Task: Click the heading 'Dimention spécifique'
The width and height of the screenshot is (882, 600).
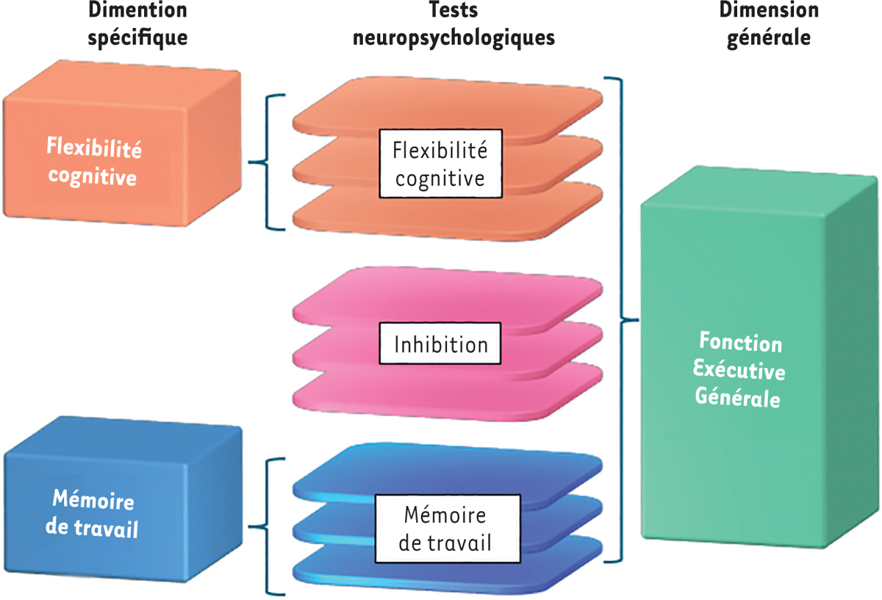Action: [x=137, y=24]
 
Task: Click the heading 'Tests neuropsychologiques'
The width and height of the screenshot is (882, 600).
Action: [x=453, y=24]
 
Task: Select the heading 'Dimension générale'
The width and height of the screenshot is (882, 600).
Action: [x=769, y=24]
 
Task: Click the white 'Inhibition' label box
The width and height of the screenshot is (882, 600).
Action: [x=440, y=344]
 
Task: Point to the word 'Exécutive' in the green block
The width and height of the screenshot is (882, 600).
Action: [x=740, y=371]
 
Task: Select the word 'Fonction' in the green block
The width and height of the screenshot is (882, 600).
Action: [x=740, y=342]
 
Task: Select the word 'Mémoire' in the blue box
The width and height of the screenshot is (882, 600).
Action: [x=93, y=502]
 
